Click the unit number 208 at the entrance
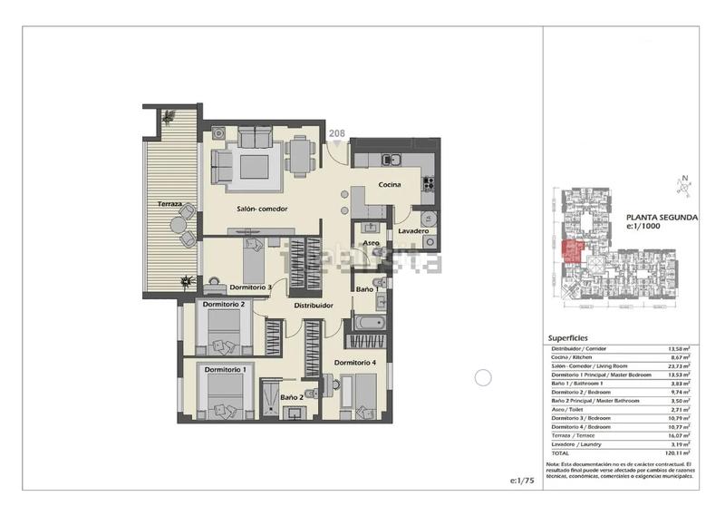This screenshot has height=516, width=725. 336,134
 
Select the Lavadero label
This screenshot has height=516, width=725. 413,230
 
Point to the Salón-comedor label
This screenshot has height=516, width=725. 263,209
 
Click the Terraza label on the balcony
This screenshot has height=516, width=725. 169,203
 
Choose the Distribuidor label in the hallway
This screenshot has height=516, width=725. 314,306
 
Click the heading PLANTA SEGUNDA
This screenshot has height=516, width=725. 661,219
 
